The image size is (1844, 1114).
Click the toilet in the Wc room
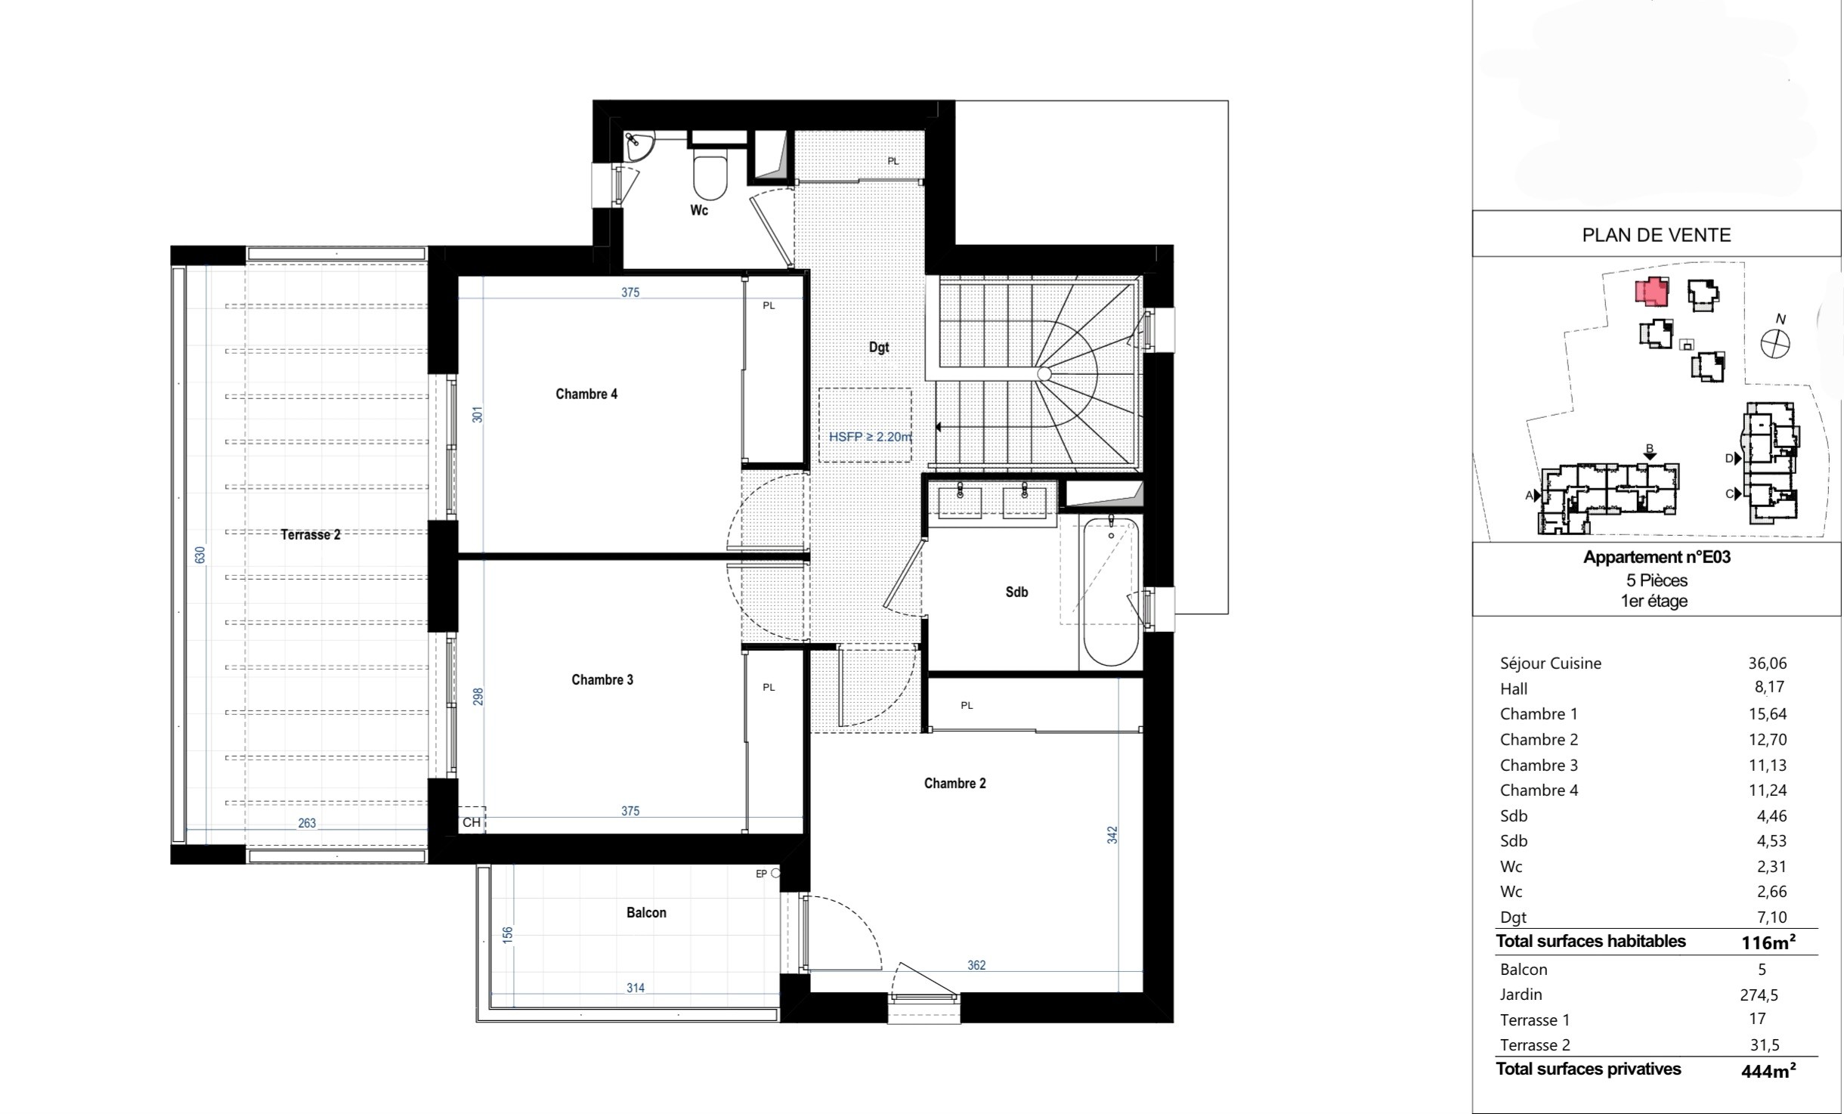[710, 175]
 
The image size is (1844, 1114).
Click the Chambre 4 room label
[586, 394]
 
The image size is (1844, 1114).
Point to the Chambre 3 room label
[602, 679]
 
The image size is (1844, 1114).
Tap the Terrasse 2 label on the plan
[311, 534]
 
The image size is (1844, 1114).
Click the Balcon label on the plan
[646, 912]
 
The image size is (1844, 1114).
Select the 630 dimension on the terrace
[200, 555]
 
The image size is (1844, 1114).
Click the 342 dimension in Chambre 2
[1112, 835]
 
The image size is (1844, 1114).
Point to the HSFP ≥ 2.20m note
[871, 436]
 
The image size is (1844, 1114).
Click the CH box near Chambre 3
[472, 822]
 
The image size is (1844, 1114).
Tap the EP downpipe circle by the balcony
[775, 873]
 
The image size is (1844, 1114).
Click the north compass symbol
[1775, 344]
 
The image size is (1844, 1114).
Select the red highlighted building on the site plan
[1652, 292]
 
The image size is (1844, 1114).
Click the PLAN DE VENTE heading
[1657, 235]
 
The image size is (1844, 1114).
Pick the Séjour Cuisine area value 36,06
[1768, 663]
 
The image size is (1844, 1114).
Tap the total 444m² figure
[1768, 1070]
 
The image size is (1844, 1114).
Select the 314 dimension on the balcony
[636, 988]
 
